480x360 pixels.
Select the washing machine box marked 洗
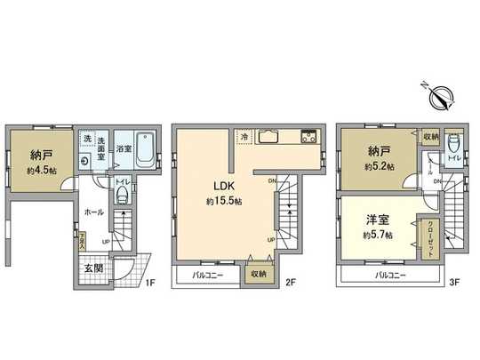pyautogui.click(x=86, y=140)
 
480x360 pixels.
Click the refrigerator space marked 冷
pyautogui.click(x=245, y=137)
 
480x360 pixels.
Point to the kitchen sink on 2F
pyautogui.click(x=272, y=139)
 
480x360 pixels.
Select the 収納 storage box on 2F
pyautogui.click(x=257, y=274)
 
